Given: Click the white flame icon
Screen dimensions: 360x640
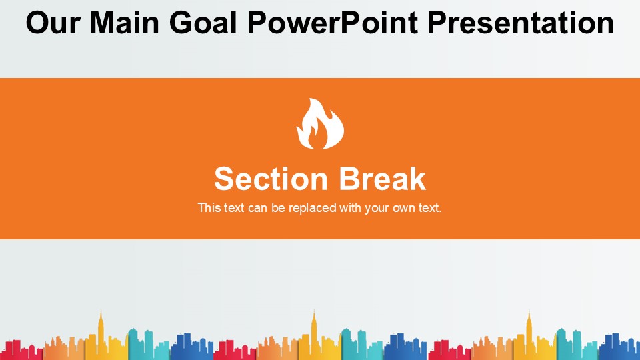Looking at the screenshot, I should coord(320,124).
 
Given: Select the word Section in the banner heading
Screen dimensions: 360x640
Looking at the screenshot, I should coord(271,179).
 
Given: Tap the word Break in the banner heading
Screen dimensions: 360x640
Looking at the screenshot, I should coord(382,179).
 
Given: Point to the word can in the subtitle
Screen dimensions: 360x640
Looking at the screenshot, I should coord(257,208).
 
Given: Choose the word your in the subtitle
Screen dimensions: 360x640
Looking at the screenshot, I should coord(377,208).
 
